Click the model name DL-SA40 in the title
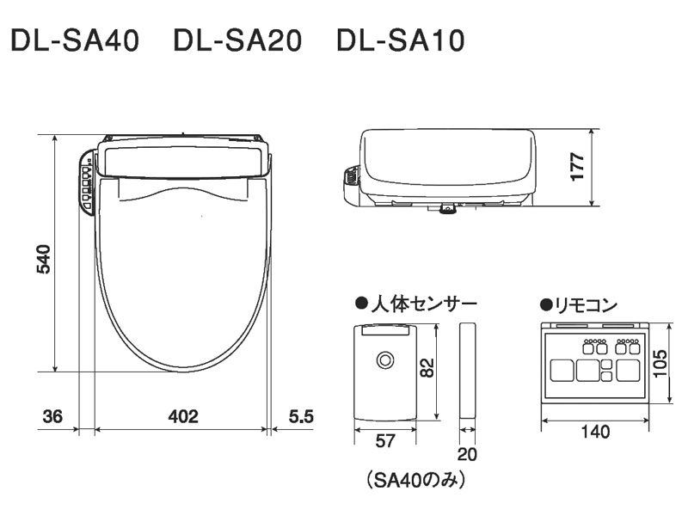pos(74,41)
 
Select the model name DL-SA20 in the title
pos(237,41)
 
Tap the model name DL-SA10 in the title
pos(401,41)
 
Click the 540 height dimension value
pos(43,258)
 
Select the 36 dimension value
pos(52,417)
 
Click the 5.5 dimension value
pos(301,417)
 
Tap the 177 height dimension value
pos(577,166)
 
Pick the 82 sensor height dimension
pos(427,367)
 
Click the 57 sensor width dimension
pos(385,441)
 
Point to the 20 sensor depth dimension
pos(468,453)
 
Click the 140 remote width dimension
pos(593,432)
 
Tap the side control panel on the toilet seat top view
pos(87,181)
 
